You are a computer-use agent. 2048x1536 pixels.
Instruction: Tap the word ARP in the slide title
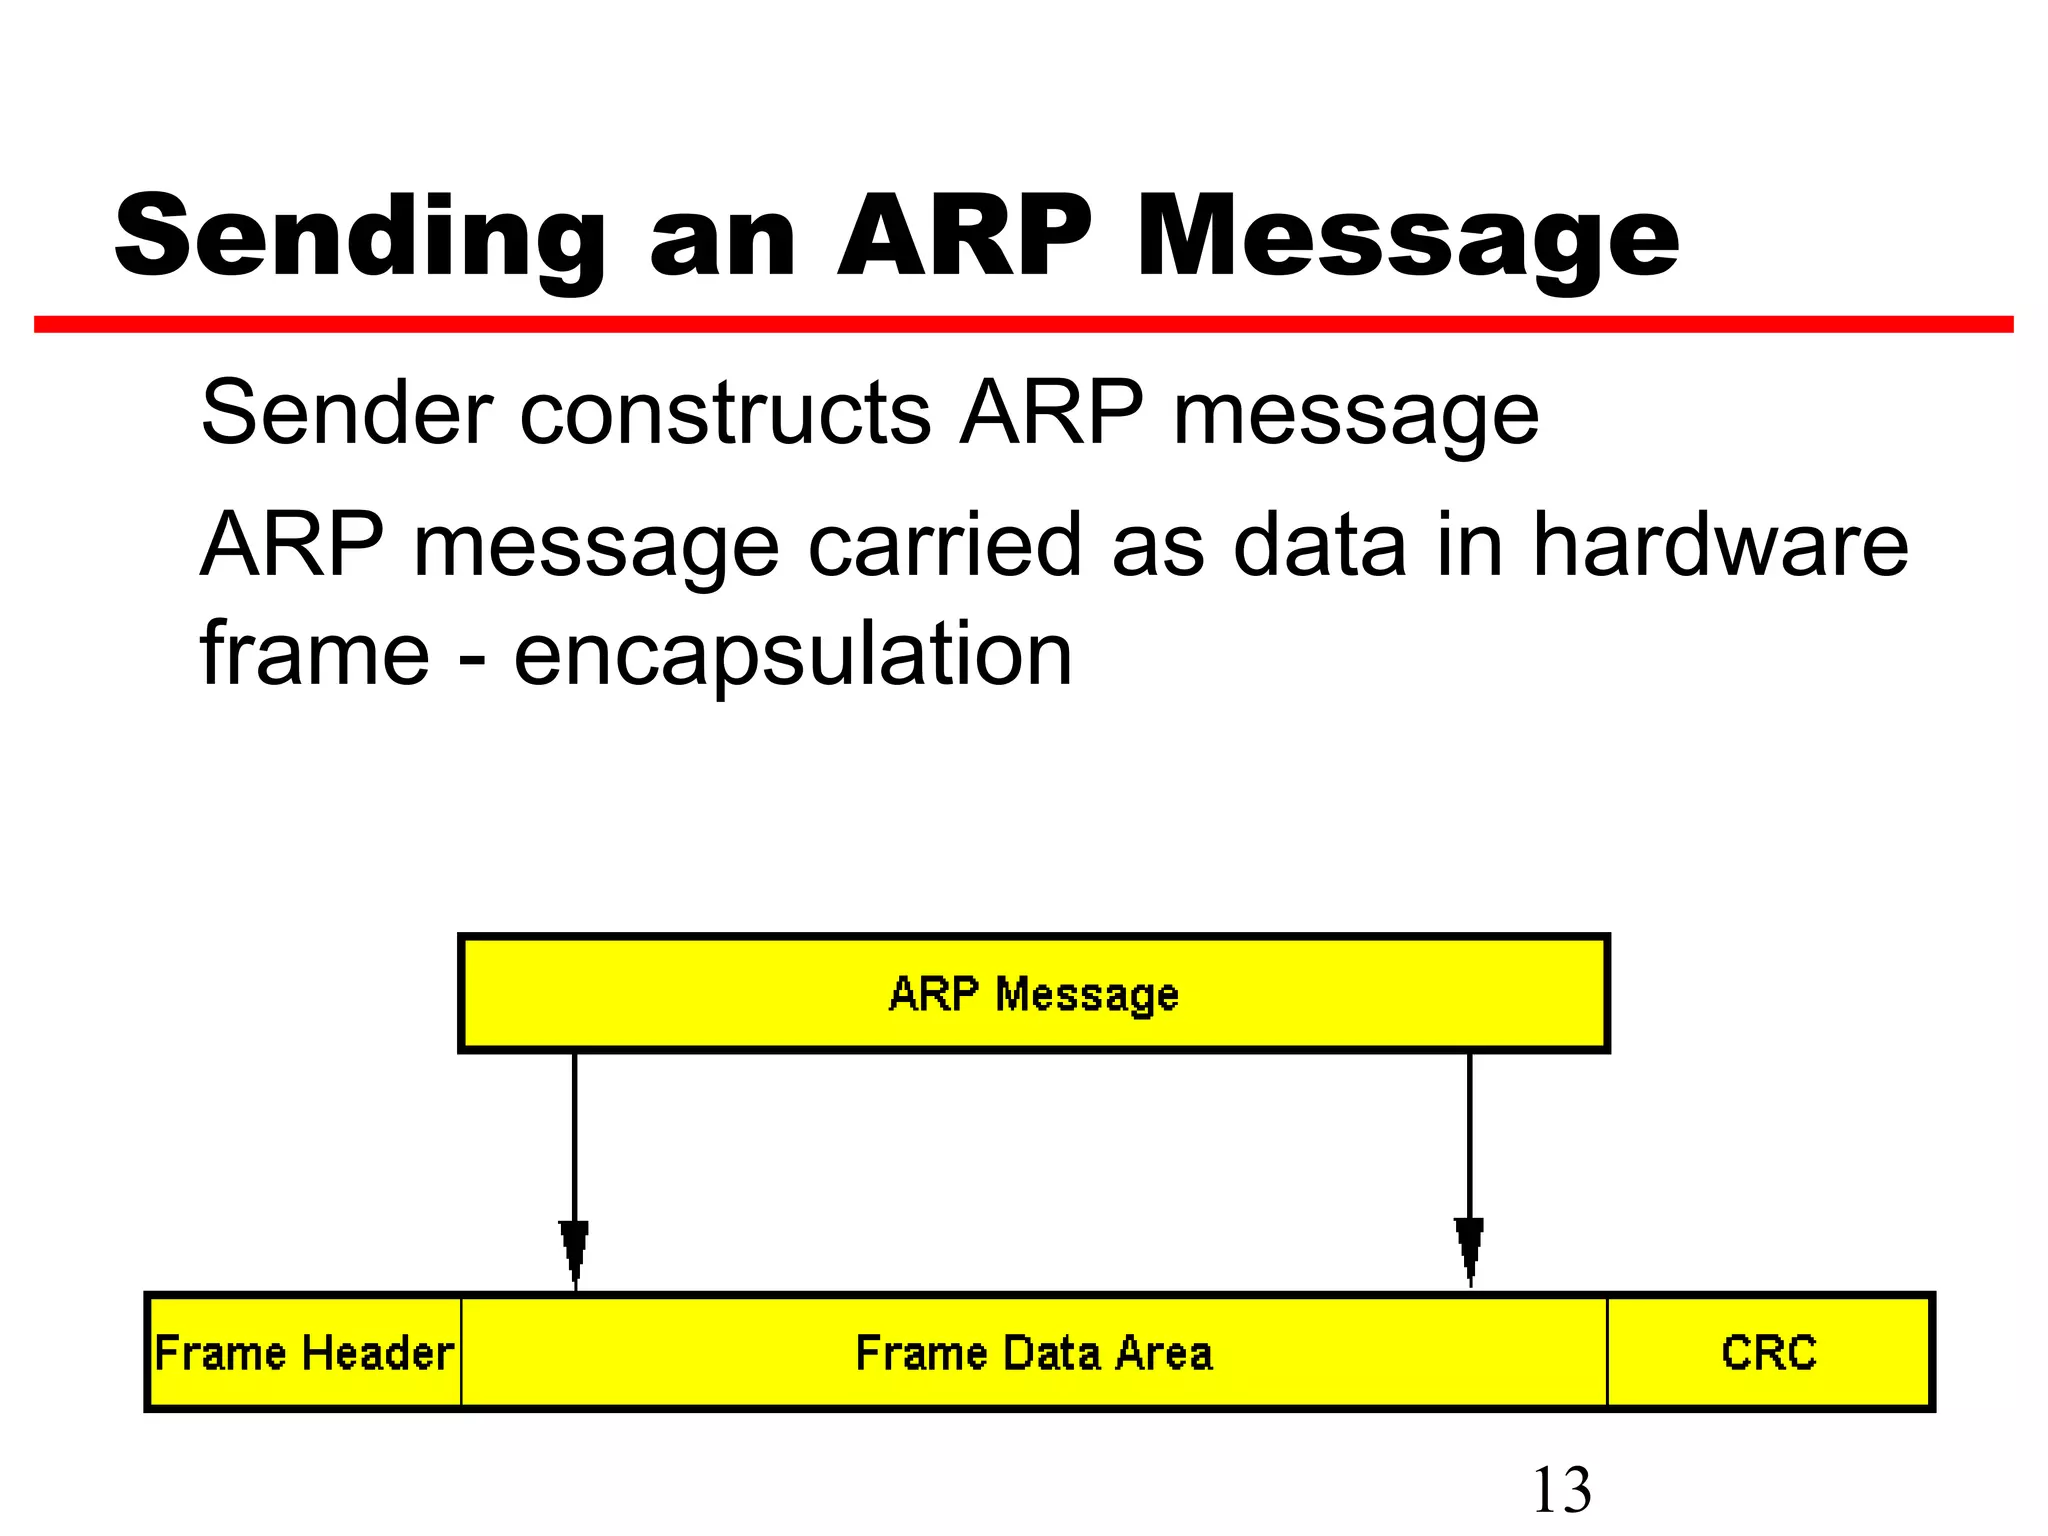(x=965, y=236)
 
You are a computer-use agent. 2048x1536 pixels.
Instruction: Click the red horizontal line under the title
(x=1023, y=324)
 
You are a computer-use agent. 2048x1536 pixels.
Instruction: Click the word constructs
(x=726, y=413)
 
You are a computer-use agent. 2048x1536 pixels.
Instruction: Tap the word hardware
(x=1720, y=545)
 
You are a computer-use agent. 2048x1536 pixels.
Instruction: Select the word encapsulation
(x=793, y=655)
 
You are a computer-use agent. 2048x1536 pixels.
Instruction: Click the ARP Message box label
(x=1033, y=994)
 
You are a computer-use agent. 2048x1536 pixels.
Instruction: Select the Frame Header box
(x=304, y=1353)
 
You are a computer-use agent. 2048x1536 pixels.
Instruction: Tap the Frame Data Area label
(x=1033, y=1353)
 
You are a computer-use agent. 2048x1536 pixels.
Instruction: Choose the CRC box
(x=1768, y=1353)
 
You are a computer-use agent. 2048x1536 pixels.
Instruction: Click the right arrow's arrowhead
(x=1469, y=1250)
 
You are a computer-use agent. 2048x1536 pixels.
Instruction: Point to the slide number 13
(x=1561, y=1490)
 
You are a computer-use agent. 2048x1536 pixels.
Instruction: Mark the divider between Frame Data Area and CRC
(x=1607, y=1352)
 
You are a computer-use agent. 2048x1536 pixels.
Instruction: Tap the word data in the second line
(x=1319, y=545)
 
